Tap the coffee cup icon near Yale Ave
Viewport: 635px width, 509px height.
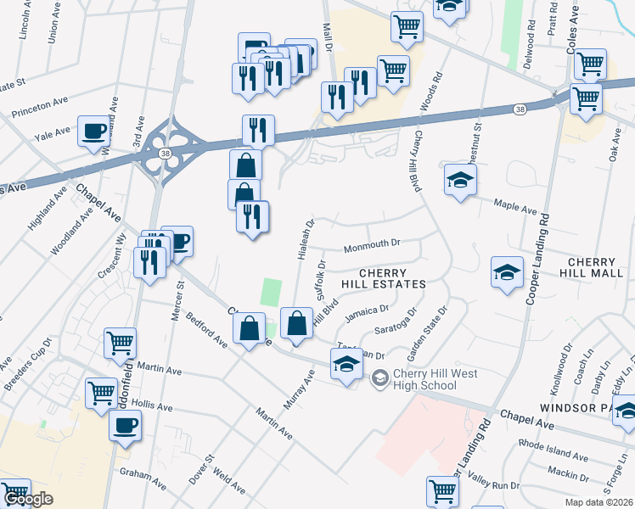[x=94, y=132]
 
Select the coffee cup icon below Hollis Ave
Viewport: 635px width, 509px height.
[x=126, y=425]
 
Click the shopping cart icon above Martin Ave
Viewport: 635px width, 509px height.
[x=120, y=344]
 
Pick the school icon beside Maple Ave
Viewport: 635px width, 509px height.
[x=459, y=181]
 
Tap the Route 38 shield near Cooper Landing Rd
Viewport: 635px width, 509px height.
[x=520, y=109]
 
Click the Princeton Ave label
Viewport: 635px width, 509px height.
[x=38, y=107]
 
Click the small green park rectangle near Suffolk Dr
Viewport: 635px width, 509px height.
[x=271, y=293]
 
